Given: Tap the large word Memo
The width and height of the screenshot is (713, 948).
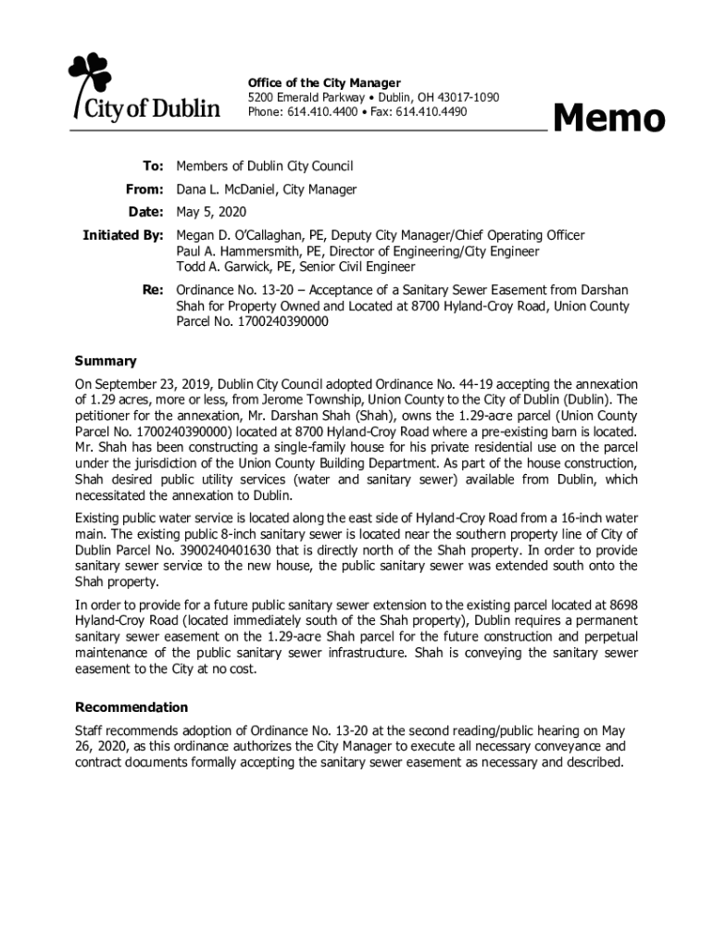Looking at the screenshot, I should tap(608, 118).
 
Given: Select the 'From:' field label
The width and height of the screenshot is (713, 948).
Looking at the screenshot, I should tap(145, 190).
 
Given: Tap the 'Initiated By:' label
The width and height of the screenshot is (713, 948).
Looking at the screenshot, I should tap(123, 236).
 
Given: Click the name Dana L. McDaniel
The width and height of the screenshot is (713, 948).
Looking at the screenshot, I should tap(226, 190).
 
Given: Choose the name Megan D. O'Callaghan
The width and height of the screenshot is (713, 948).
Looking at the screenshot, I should tap(244, 236).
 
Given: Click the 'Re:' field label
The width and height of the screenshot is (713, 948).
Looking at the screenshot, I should tap(153, 291).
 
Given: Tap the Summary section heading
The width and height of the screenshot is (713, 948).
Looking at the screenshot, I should tap(106, 361).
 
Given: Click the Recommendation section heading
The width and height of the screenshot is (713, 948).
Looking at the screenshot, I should tap(131, 707).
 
